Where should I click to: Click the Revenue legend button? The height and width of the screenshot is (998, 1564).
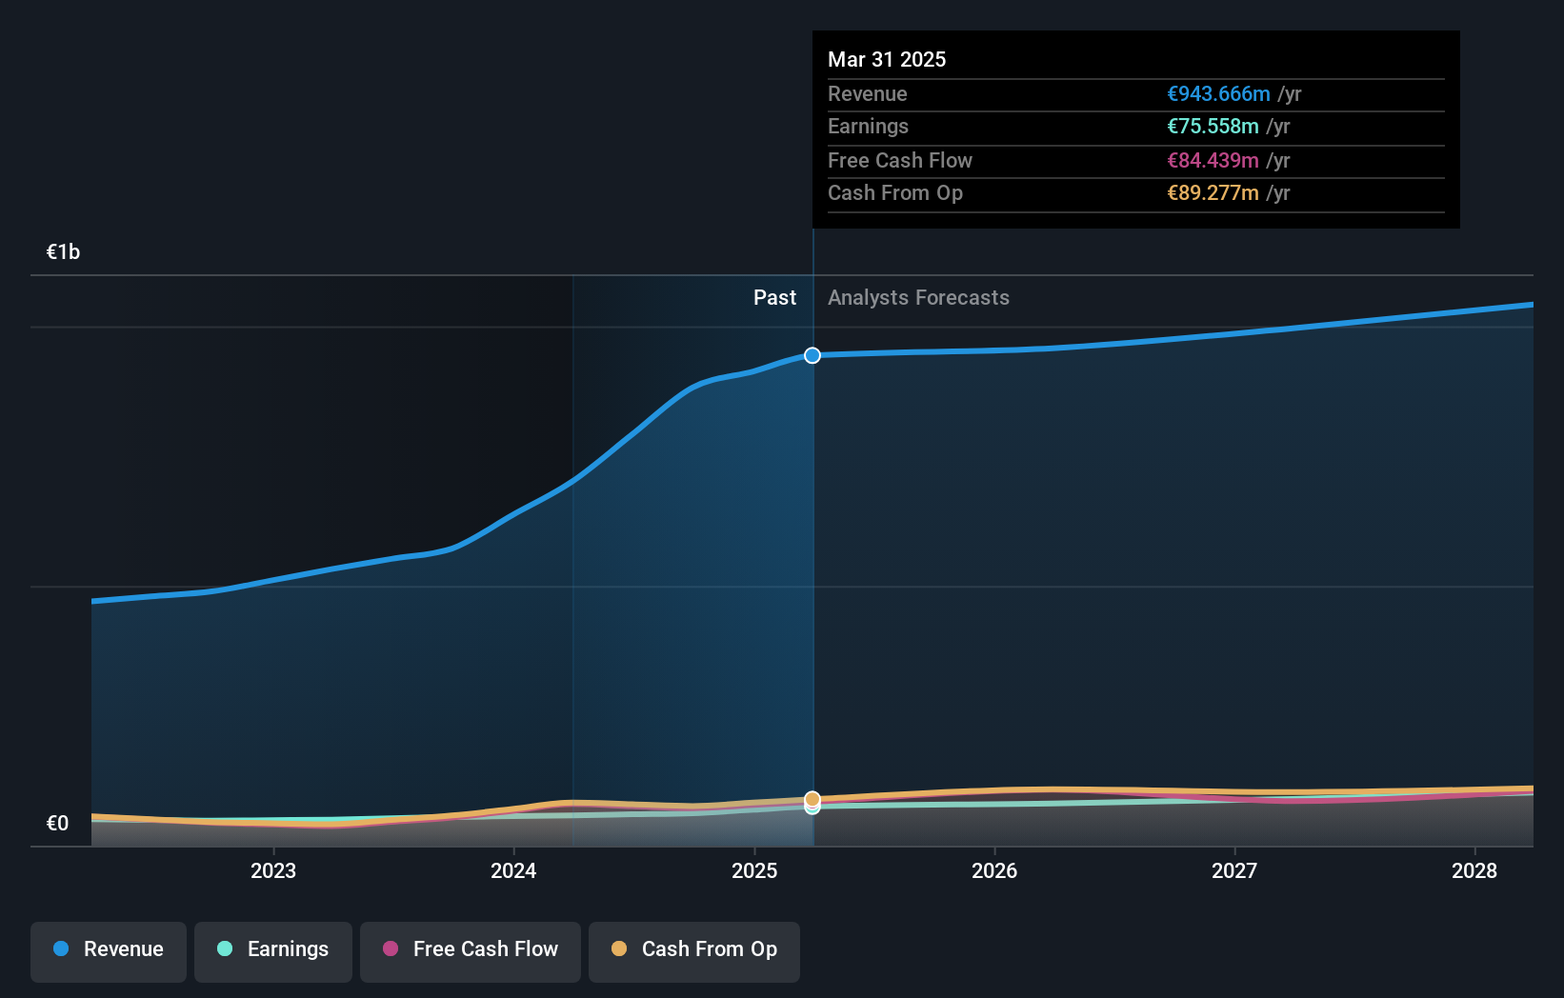(x=109, y=950)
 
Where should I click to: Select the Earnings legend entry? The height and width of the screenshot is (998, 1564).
(x=273, y=950)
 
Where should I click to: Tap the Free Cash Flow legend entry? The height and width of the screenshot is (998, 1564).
(x=471, y=950)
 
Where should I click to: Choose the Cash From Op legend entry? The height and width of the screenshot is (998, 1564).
(x=694, y=950)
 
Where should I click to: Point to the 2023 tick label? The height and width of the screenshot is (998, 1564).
(x=273, y=870)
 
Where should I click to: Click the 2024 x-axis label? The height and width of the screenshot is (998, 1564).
(x=513, y=870)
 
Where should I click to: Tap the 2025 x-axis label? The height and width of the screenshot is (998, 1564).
(x=754, y=870)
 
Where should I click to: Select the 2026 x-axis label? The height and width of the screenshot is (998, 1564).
(x=994, y=870)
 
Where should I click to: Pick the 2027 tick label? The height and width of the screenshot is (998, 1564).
(x=1234, y=870)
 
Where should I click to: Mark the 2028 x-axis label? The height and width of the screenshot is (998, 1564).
(x=1474, y=870)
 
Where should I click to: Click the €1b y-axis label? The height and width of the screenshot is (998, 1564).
(x=64, y=251)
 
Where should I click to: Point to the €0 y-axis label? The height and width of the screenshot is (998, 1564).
(x=58, y=823)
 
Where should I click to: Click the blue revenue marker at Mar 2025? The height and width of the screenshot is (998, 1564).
(x=812, y=355)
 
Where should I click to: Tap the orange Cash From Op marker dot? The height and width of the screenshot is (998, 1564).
(x=812, y=798)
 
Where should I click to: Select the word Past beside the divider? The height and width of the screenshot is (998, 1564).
(x=774, y=297)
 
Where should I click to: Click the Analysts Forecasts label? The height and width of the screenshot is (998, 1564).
(x=918, y=297)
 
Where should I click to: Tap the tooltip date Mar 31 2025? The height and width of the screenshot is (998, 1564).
(x=887, y=59)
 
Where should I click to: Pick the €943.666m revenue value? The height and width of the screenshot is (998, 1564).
(x=1218, y=93)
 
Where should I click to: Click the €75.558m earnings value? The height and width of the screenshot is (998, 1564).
(x=1213, y=126)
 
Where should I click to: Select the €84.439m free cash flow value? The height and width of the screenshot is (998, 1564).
(x=1213, y=160)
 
